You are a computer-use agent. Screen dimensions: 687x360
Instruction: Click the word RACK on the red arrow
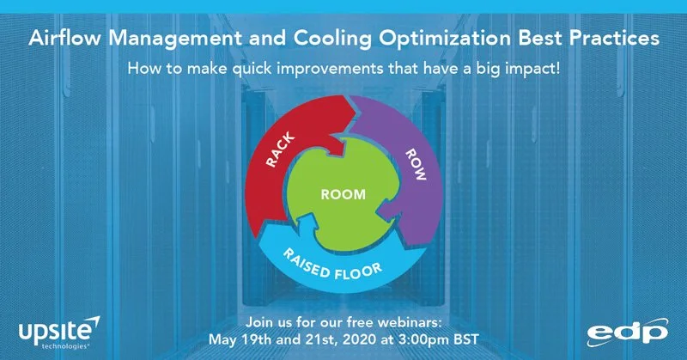(x=281, y=150)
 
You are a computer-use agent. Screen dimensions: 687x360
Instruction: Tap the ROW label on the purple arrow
(x=416, y=164)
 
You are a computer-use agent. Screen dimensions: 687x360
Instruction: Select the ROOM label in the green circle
(x=343, y=195)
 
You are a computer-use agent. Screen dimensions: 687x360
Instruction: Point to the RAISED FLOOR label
(x=332, y=265)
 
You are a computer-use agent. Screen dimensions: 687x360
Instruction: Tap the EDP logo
(x=628, y=333)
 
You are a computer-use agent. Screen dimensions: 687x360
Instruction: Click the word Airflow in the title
(x=65, y=38)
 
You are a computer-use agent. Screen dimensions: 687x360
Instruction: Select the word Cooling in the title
(x=332, y=39)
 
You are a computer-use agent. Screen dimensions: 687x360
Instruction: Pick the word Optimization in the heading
(x=445, y=39)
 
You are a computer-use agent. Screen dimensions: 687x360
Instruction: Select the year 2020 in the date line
(x=357, y=339)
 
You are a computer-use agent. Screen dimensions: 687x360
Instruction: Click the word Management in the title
(x=175, y=39)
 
